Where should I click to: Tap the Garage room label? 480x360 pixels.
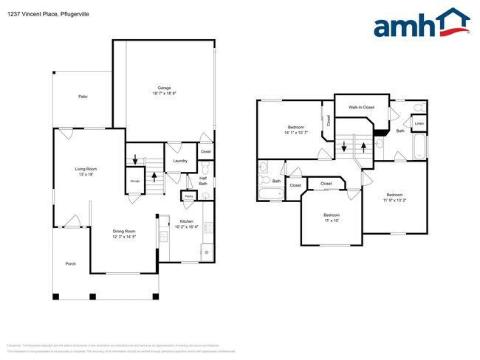pos(165,88)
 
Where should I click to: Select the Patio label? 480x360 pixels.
pos(83,97)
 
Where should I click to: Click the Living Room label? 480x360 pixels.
pos(86,169)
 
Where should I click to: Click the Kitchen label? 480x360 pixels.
pos(187,221)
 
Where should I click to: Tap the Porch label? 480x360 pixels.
pos(71,263)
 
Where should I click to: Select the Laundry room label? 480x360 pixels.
pos(179,161)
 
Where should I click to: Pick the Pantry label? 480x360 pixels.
pos(189,196)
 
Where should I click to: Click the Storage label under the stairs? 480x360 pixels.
pos(135,180)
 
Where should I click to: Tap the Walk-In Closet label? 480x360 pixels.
pos(361,108)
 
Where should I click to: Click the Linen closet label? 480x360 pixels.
pos(419,123)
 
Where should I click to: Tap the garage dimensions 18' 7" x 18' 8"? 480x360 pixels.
pos(165,94)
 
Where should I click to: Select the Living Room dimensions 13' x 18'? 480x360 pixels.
pos(86,175)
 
